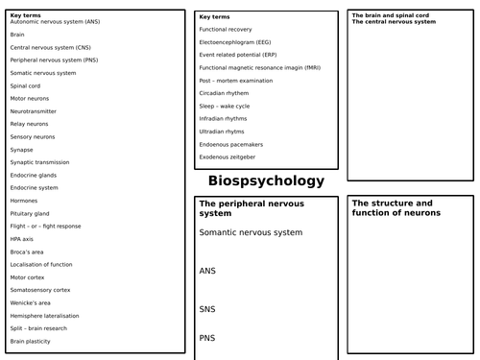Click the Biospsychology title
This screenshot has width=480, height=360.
tap(266, 181)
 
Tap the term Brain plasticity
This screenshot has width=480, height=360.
tap(30, 341)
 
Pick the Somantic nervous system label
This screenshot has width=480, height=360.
tap(251, 232)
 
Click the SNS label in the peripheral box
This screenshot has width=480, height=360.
tap(208, 309)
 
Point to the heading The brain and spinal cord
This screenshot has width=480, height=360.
tap(387, 15)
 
